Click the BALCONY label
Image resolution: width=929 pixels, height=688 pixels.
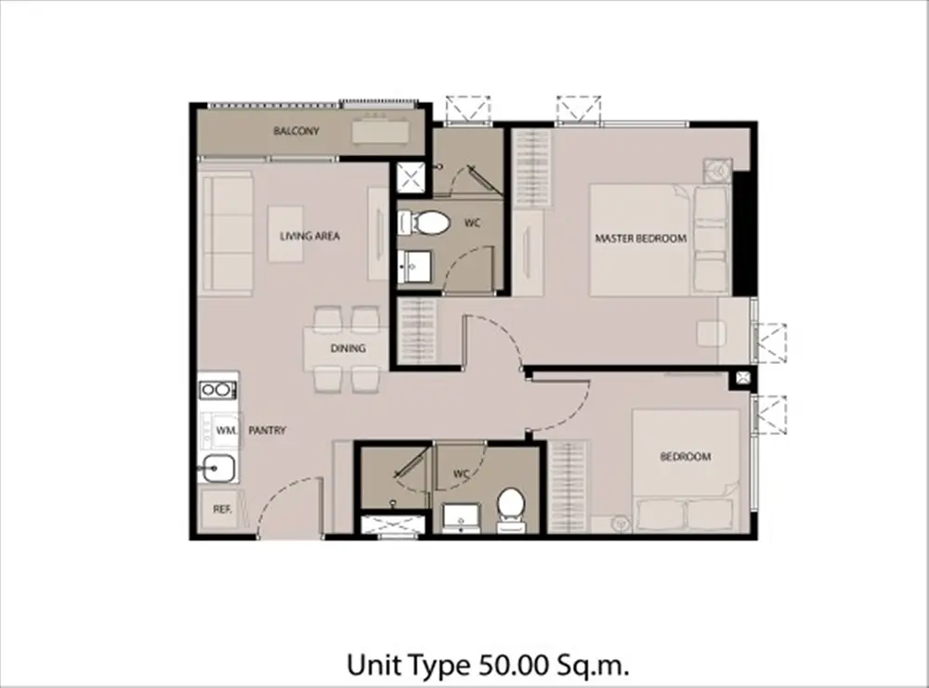[296, 131]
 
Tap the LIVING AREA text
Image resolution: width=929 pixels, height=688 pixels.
[310, 236]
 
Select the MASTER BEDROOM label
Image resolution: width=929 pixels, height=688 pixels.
[640, 239]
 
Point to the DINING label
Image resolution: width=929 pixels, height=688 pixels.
[347, 349]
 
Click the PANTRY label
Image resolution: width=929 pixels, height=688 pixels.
[268, 431]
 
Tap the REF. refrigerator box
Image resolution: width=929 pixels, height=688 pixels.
[222, 509]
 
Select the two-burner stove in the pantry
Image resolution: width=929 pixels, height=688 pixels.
[217, 390]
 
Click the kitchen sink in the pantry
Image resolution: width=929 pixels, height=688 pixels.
[216, 470]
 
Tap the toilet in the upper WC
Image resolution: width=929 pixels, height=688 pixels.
[425, 223]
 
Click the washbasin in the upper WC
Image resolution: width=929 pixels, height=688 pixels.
[414, 267]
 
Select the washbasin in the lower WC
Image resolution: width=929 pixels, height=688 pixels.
[462, 517]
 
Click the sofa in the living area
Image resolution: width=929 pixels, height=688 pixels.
[228, 233]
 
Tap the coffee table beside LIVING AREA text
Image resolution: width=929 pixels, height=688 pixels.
[285, 234]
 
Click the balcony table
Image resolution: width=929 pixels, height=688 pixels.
[380, 132]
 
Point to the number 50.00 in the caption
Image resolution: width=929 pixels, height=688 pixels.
[512, 665]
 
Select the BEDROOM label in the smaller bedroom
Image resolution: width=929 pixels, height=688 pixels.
[686, 457]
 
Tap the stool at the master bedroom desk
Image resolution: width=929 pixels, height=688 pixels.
[712, 333]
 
